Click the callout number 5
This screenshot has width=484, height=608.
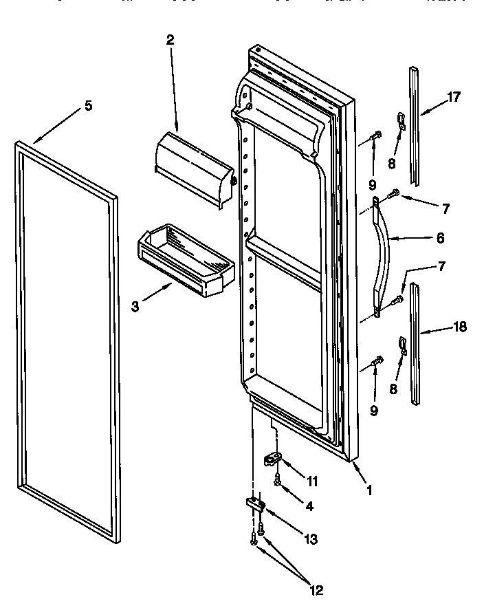tap(88, 106)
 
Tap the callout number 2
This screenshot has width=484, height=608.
tap(170, 39)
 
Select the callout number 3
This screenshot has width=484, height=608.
tap(135, 306)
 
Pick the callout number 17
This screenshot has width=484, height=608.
tap(453, 97)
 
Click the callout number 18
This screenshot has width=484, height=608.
tap(459, 327)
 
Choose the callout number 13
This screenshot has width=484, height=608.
tap(311, 539)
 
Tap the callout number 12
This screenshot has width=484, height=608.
tap(316, 589)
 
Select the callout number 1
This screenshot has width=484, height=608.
tap(369, 491)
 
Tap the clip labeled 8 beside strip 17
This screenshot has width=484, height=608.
tap(401, 122)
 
